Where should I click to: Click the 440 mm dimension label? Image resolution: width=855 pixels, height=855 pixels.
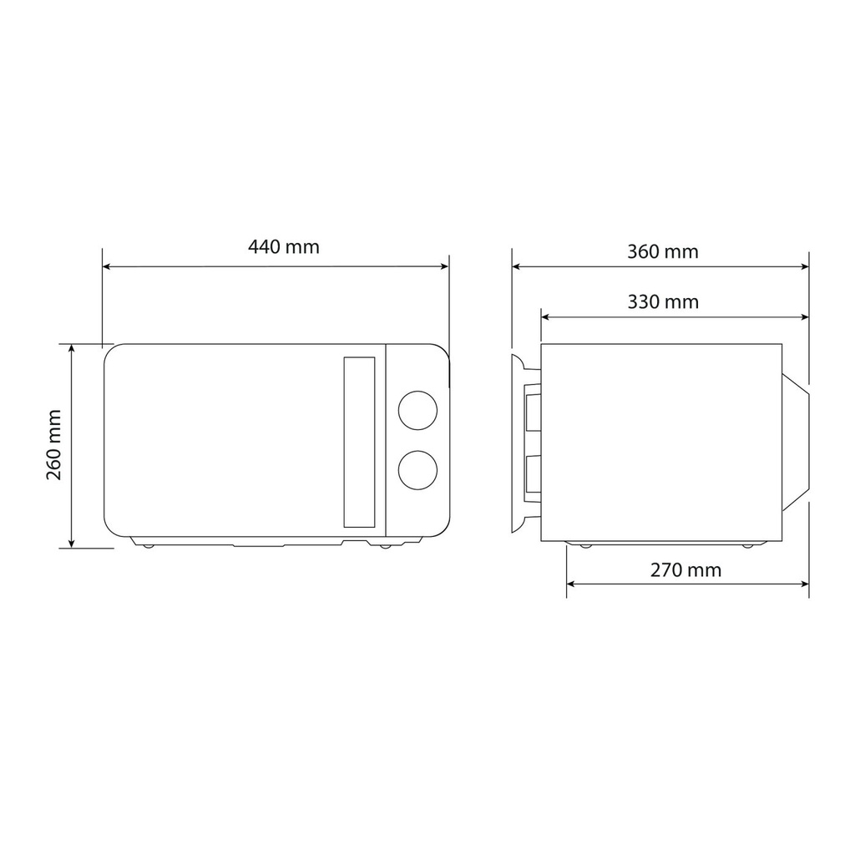[284, 247]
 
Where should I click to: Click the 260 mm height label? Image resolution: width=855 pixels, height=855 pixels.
[54, 445]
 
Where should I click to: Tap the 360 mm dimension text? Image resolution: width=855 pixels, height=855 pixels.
[662, 252]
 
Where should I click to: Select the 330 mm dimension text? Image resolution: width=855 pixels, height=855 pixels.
[663, 302]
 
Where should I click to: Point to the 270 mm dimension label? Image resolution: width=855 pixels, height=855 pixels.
[686, 570]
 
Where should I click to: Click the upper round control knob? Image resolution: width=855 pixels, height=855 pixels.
[417, 410]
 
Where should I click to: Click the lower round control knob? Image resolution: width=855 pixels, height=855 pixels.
[417, 470]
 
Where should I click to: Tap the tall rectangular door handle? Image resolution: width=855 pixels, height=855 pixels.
[359, 443]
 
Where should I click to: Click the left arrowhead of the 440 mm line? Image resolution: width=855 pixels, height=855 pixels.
[107, 266]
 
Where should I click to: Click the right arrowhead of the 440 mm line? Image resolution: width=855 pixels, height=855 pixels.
[444, 266]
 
